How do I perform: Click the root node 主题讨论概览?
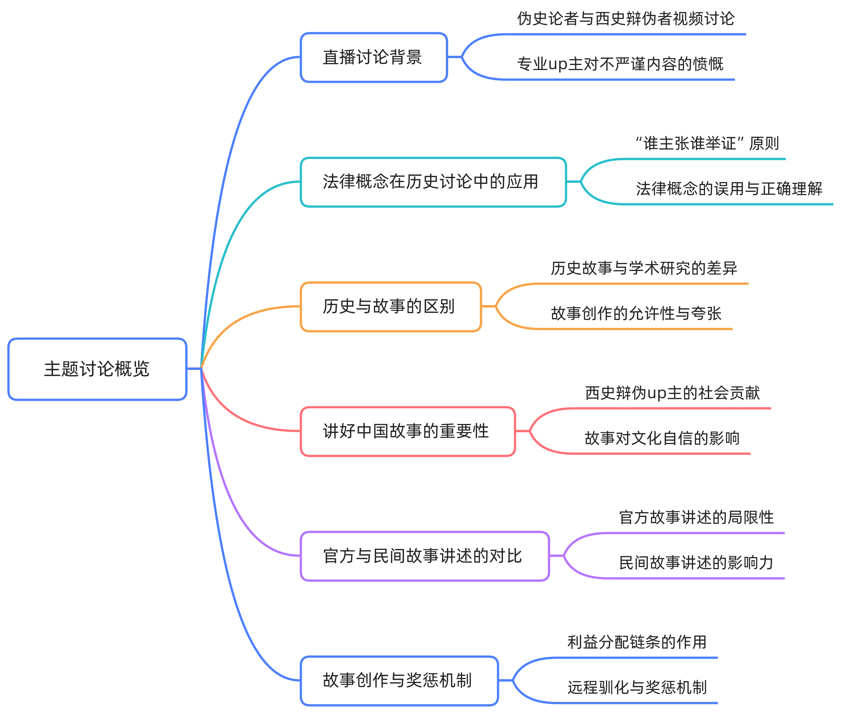(x=97, y=369)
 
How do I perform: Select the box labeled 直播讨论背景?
(x=374, y=57)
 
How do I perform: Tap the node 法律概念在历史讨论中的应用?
(x=433, y=182)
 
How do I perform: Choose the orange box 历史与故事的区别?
(x=391, y=307)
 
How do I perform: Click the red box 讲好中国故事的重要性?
(x=408, y=431)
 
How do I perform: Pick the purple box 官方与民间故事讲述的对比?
(x=425, y=556)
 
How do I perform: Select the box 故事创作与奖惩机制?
(x=399, y=681)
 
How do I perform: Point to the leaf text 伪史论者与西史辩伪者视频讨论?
(x=626, y=19)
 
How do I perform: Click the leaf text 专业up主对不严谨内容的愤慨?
(x=620, y=64)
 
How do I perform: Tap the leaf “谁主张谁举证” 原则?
(x=707, y=143)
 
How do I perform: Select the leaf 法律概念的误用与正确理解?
(x=729, y=189)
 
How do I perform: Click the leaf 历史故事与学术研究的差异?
(x=644, y=268)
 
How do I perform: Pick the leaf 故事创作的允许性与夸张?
(x=636, y=314)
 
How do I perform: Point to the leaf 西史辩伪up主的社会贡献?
(x=672, y=393)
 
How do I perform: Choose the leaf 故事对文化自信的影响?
(x=662, y=438)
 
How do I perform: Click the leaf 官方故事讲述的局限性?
(x=696, y=518)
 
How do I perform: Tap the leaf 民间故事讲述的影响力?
(x=696, y=563)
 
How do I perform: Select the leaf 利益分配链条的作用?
(x=637, y=642)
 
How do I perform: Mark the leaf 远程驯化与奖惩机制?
(x=637, y=688)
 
